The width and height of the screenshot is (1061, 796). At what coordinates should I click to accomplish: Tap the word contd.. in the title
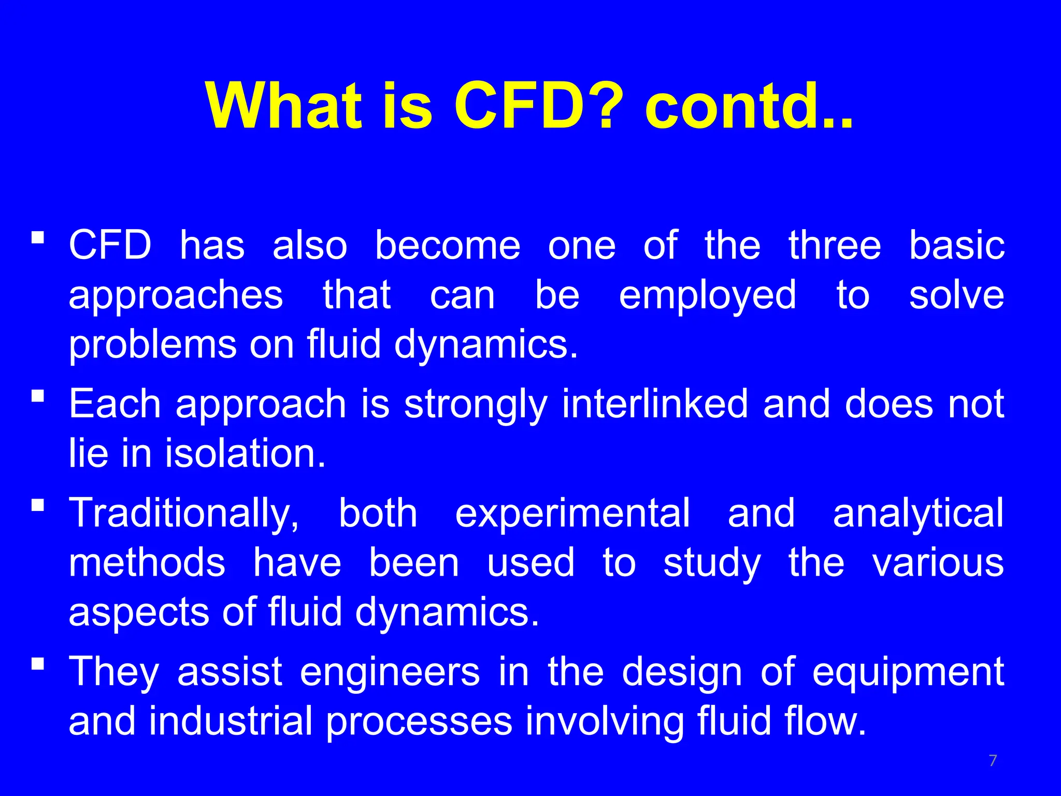(x=749, y=106)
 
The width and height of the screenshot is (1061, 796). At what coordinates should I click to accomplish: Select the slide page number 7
(x=993, y=761)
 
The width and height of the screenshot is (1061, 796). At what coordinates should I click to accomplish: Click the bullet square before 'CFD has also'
(x=37, y=238)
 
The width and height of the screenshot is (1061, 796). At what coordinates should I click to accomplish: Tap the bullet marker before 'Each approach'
(x=37, y=396)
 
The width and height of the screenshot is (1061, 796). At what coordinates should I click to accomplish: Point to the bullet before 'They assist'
(x=37, y=664)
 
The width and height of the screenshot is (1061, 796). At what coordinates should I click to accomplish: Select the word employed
(x=707, y=295)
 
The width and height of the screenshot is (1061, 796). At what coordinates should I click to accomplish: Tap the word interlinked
(x=655, y=404)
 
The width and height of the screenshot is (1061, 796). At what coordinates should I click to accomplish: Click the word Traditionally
(x=184, y=514)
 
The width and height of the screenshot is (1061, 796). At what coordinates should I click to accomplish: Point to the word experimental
(x=572, y=514)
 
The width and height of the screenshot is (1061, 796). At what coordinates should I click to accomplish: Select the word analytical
(x=919, y=514)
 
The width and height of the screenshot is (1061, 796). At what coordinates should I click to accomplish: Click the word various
(x=938, y=563)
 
